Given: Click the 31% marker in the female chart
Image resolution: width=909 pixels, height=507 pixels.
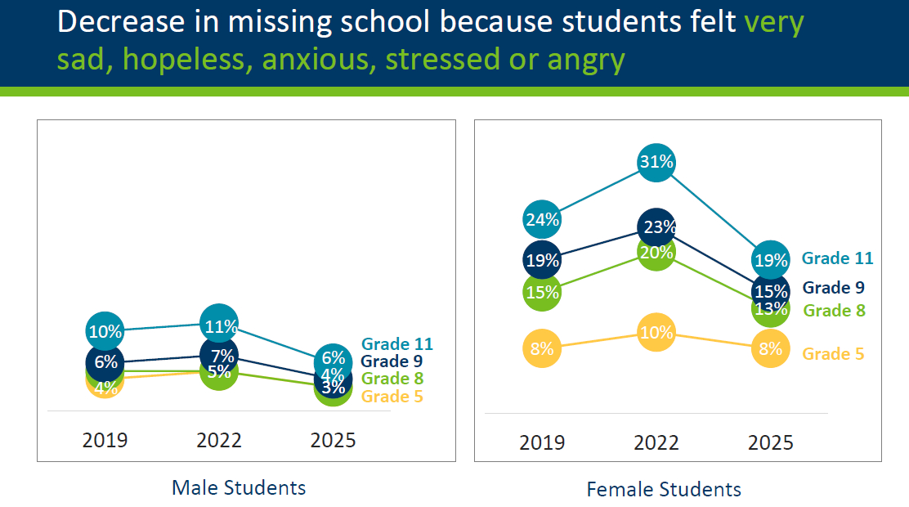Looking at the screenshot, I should pyautogui.click(x=656, y=163).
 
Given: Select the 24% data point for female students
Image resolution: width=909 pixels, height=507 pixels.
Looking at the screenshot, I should pyautogui.click(x=543, y=219).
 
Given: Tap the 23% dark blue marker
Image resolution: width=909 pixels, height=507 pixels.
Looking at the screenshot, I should pyautogui.click(x=656, y=227).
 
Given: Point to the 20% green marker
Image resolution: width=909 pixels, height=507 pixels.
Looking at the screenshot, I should pyautogui.click(x=656, y=253).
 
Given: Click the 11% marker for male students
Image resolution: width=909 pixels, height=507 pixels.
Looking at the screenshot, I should pyautogui.click(x=219, y=325).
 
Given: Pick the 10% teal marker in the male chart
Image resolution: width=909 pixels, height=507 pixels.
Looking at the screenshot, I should pyautogui.click(x=105, y=331).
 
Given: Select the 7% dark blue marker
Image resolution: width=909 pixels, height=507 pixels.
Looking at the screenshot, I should pyautogui.click(x=219, y=355).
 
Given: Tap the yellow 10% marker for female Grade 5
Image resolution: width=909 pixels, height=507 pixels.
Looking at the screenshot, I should pyautogui.click(x=656, y=333).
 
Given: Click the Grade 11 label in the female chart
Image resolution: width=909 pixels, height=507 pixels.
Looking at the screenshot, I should pyautogui.click(x=837, y=258).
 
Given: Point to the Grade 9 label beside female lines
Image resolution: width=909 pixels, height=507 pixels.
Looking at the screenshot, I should pyautogui.click(x=833, y=288).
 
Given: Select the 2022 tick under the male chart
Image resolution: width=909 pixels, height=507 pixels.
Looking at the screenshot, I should pyautogui.click(x=219, y=440).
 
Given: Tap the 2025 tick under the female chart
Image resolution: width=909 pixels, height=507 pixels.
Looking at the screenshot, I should pyautogui.click(x=771, y=442).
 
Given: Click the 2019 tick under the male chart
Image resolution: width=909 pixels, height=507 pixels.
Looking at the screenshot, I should pyautogui.click(x=105, y=440).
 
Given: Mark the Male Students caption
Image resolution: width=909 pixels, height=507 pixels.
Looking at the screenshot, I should pyautogui.click(x=239, y=488).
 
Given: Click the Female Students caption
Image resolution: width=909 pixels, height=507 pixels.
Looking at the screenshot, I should pyautogui.click(x=664, y=490).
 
